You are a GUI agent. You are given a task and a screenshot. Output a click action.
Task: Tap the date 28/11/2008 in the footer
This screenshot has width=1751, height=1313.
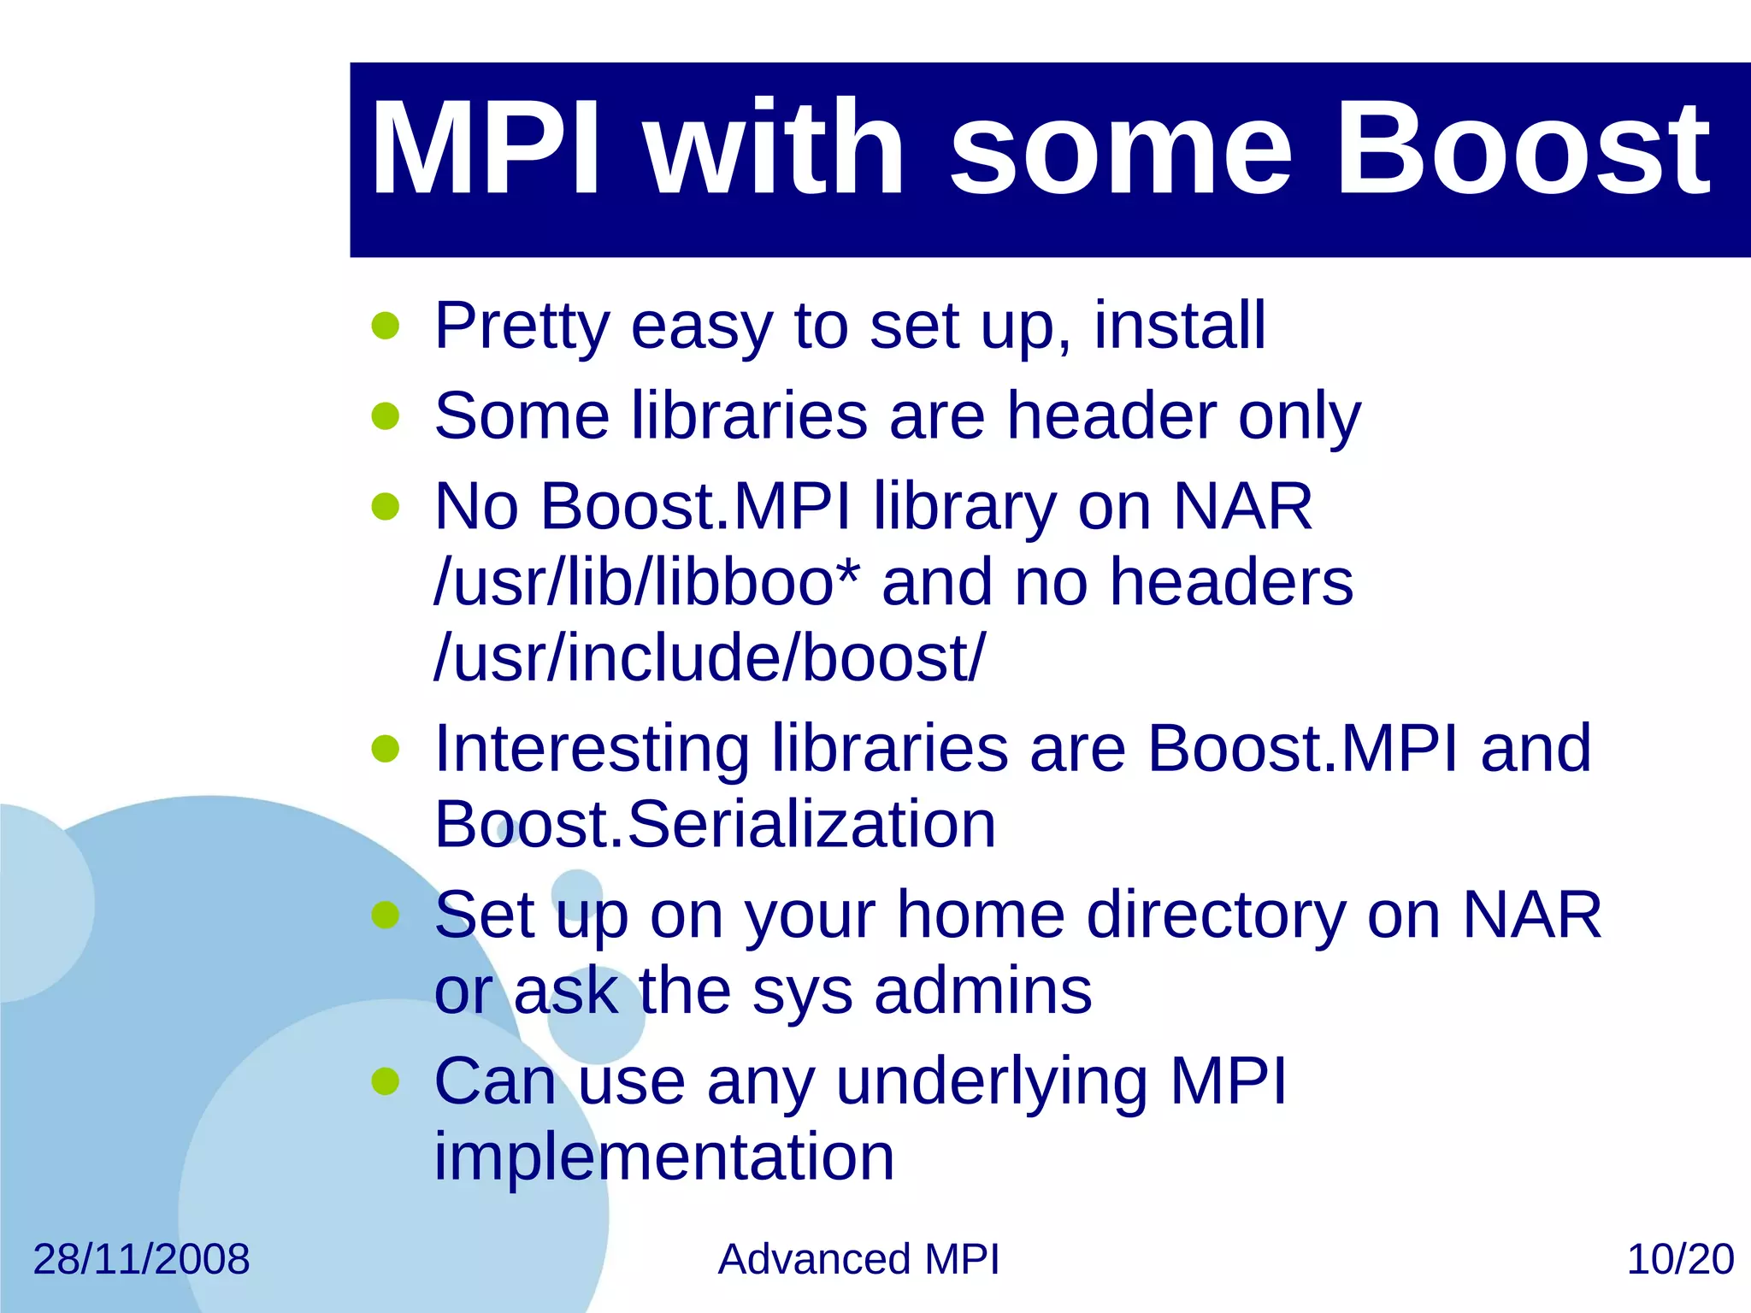141,1259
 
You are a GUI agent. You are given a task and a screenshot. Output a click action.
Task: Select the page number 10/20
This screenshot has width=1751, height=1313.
1679,1259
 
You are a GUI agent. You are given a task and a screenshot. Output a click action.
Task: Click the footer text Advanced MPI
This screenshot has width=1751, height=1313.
858,1259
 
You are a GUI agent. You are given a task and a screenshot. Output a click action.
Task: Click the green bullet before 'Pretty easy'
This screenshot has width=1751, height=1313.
386,326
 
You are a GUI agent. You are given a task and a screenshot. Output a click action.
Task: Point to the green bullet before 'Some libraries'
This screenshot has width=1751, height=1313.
386,416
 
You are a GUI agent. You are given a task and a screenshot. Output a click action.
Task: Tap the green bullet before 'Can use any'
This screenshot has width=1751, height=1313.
386,1081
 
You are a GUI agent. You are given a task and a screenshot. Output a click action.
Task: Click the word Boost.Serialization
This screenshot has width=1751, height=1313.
715,824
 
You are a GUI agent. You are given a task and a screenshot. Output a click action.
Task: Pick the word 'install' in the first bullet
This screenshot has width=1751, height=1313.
1179,326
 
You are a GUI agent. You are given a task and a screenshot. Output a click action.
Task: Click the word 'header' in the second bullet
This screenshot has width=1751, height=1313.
1111,416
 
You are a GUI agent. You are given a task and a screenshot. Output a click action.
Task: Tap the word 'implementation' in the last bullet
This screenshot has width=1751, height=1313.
664,1157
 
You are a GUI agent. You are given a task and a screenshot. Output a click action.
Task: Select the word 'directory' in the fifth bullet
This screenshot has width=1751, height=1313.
1216,916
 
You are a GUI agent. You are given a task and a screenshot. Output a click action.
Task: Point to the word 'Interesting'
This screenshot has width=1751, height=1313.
592,749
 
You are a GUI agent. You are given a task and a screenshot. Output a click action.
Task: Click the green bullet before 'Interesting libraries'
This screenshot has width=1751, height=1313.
386,749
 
